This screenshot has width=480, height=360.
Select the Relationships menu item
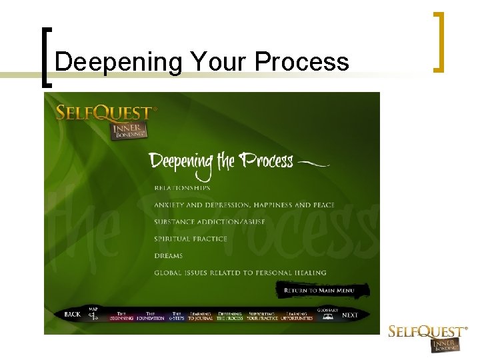click(x=182, y=188)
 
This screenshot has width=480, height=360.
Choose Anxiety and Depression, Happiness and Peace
click(x=244, y=205)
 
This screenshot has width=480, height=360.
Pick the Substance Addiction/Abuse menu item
click(x=209, y=222)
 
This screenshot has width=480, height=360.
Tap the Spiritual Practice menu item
click(x=191, y=239)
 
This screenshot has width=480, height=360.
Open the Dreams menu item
click(x=168, y=256)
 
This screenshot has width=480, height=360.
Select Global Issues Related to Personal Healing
click(x=240, y=273)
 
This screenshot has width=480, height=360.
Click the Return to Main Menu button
click(x=318, y=291)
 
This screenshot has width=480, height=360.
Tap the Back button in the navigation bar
click(x=72, y=315)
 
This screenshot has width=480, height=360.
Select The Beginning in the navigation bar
click(x=121, y=316)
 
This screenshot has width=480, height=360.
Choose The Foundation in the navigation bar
click(x=150, y=316)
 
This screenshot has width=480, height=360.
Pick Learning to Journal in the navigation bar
click(x=200, y=316)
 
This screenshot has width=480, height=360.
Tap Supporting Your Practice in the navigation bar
click(x=262, y=316)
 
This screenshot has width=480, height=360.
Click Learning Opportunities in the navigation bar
click(x=297, y=316)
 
